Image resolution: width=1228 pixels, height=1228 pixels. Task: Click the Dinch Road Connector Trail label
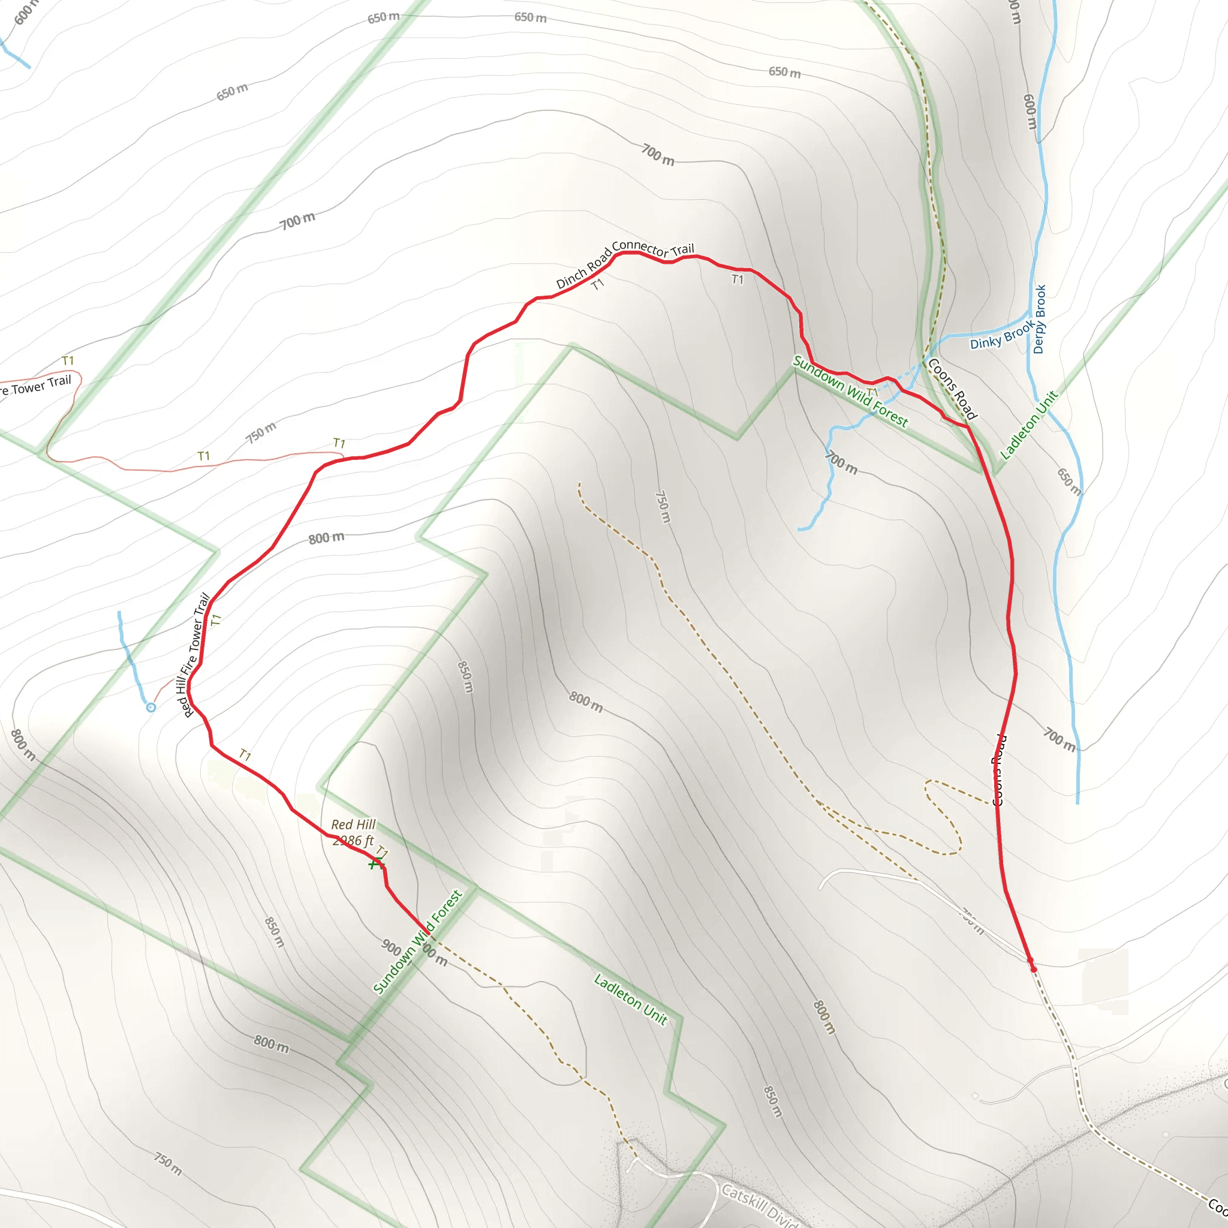(625, 264)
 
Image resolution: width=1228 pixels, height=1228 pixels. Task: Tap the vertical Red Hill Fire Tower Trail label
(195, 655)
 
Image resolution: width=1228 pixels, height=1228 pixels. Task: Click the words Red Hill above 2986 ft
(353, 824)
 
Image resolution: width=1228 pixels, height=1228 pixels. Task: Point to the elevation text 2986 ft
(353, 841)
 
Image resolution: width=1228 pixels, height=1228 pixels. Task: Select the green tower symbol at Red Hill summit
(375, 863)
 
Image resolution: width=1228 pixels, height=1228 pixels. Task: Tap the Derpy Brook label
(1039, 319)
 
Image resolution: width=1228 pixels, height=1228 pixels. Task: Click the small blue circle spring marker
(151, 708)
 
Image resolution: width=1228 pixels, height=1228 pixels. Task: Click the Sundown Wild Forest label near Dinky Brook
(850, 392)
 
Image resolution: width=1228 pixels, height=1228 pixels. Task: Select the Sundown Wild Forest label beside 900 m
(417, 943)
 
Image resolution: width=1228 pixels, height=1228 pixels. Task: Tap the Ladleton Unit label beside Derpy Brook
(1029, 425)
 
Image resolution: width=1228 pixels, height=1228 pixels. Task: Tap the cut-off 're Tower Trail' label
(35, 385)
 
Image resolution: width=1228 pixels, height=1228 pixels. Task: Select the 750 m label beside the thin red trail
(261, 432)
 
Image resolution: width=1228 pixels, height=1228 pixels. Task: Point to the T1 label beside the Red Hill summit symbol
(382, 851)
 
